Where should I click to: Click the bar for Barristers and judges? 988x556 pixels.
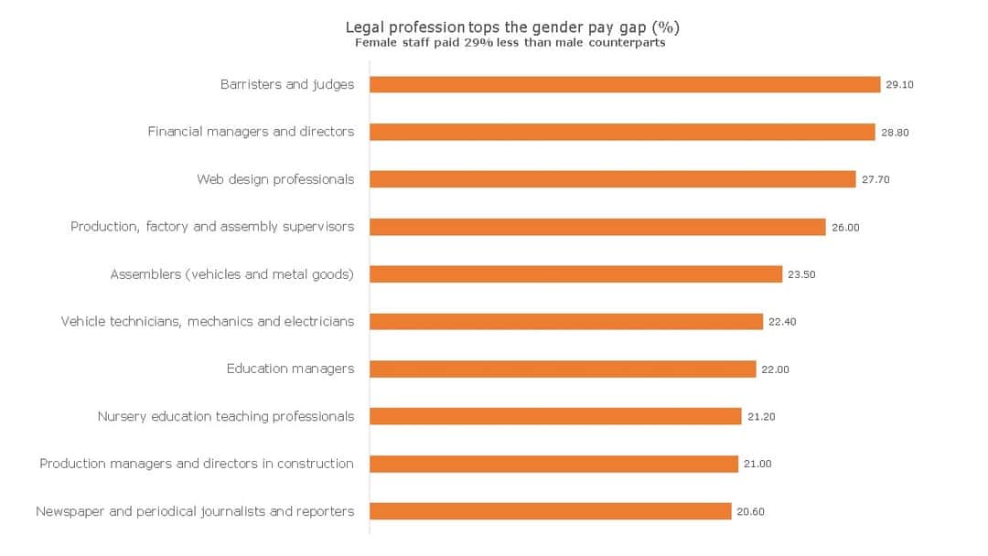tap(625, 84)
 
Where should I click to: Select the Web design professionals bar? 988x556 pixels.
tap(613, 179)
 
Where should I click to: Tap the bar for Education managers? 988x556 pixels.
tap(563, 369)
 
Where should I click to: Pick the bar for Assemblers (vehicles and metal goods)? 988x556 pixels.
tap(576, 274)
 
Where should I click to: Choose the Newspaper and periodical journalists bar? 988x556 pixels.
tap(551, 511)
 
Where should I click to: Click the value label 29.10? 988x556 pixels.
tap(899, 85)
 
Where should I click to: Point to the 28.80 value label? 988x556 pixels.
tap(895, 133)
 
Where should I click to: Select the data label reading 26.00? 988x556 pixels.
tap(845, 227)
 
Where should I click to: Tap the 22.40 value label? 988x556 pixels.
tap(782, 322)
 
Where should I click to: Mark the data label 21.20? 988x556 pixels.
tap(761, 417)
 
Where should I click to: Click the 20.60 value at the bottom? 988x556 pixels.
tap(750, 512)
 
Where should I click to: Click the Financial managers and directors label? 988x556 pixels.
tap(251, 132)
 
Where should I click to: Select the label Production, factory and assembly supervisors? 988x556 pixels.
tap(212, 227)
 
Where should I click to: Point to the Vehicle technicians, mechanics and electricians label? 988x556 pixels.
tap(208, 322)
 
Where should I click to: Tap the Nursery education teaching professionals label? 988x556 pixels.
tap(226, 417)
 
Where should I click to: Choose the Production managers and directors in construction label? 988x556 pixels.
tap(197, 464)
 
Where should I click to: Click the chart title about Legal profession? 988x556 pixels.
tap(512, 27)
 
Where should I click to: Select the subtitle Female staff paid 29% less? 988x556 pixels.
tap(510, 42)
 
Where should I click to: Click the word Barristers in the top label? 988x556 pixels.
tap(251, 84)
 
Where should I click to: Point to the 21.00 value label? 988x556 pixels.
tap(757, 465)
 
